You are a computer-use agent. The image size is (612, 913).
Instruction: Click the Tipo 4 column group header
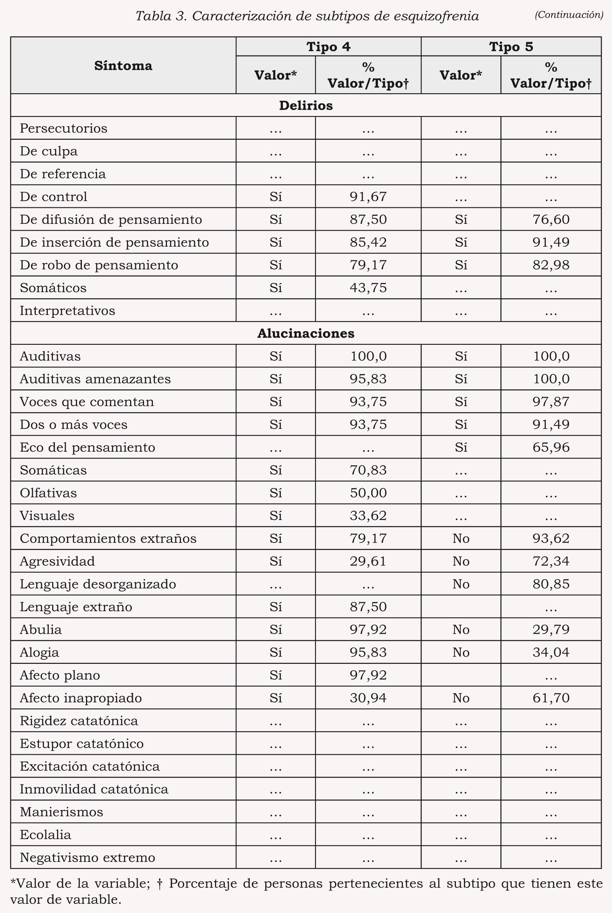[x=328, y=47]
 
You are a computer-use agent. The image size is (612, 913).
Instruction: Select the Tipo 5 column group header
[x=511, y=47]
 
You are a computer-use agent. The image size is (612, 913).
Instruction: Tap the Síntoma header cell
[x=123, y=66]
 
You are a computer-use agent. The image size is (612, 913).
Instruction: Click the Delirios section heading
[x=306, y=105]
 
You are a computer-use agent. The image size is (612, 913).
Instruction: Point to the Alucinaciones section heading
[x=306, y=333]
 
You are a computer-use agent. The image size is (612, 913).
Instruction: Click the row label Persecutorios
[x=63, y=128]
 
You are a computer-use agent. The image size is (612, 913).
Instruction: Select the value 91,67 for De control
[x=368, y=197]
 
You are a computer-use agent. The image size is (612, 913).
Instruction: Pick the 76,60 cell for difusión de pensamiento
[x=551, y=219]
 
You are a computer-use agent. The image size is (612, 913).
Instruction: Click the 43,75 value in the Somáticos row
[x=368, y=288]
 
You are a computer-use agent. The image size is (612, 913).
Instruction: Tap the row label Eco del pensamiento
[x=87, y=447]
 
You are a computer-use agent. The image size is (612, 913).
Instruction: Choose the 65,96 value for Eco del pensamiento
[x=551, y=447]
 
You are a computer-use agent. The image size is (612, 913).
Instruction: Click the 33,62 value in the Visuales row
[x=368, y=516]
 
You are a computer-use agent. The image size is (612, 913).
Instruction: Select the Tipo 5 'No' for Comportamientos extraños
[x=461, y=538]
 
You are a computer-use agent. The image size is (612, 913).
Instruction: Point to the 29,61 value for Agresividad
[x=368, y=561]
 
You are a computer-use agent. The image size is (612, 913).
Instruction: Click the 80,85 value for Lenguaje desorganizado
[x=551, y=584]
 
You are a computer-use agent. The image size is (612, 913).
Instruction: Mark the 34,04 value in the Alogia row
[x=551, y=652]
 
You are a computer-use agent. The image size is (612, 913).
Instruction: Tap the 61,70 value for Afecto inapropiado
[x=551, y=698]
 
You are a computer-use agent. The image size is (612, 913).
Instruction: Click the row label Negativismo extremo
[x=87, y=858]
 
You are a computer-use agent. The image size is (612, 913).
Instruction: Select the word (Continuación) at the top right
[x=569, y=15]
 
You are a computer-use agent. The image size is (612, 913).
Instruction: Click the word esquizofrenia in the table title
[x=436, y=16]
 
